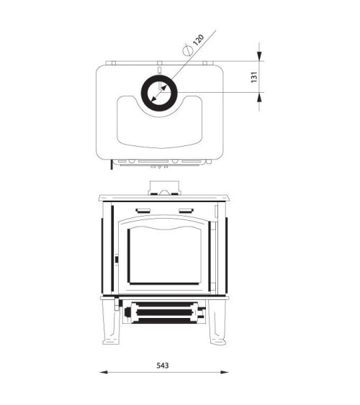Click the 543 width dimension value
pos(163,365)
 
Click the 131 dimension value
pos(254,77)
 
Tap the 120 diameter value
pos(199,40)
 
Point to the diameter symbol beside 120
pos(188,50)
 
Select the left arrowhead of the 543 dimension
pos(104,372)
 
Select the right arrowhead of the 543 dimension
pos(225,372)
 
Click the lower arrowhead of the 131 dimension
pos(259,97)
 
